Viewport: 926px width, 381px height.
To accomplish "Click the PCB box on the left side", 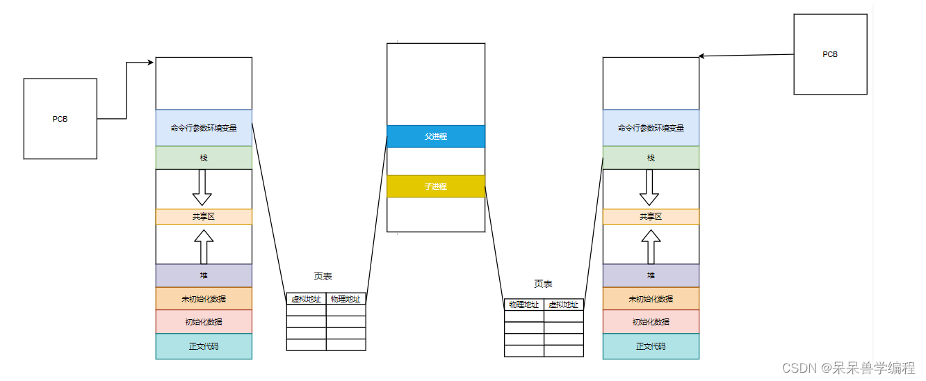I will coord(60,119).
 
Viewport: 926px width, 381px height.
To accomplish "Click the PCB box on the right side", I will coord(830,54).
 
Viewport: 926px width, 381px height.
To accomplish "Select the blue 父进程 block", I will coord(436,136).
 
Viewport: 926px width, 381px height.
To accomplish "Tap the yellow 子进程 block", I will coord(436,186).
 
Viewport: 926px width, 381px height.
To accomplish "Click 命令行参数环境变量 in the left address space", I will coord(204,128).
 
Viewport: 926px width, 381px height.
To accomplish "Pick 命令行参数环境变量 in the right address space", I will coord(651,128).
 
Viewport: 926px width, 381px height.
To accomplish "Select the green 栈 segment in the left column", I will coord(204,158).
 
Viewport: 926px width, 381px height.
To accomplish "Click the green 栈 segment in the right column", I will coord(651,158).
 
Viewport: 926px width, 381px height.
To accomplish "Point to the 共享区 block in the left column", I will coord(204,216).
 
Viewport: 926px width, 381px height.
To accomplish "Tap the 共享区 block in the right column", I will coord(651,216).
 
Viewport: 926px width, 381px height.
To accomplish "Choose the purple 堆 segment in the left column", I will coord(204,275).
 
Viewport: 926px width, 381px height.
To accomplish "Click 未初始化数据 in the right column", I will coord(651,299).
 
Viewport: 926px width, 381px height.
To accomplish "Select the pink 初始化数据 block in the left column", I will coord(204,322).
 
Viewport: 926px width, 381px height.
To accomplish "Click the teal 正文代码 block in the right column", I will coord(651,346).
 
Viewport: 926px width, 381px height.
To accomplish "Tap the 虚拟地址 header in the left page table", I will coord(306,299).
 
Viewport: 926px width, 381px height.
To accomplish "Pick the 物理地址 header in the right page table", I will coord(524,305).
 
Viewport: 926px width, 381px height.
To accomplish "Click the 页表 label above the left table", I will coord(323,276).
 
